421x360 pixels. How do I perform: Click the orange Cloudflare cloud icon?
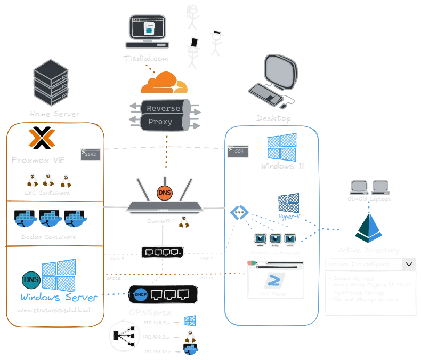(164, 84)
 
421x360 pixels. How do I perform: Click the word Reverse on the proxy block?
(163, 108)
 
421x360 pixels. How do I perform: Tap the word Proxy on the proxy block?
(160, 122)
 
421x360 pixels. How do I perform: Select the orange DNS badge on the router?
(164, 194)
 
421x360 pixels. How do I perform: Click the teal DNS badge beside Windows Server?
(31, 279)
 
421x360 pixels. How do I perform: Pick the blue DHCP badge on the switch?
(140, 294)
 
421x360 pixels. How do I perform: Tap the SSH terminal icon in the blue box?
(238, 151)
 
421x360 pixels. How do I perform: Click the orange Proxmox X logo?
(41, 138)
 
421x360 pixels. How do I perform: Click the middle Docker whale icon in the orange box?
(51, 219)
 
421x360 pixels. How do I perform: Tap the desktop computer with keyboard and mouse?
(274, 80)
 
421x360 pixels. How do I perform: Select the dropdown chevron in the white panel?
(409, 264)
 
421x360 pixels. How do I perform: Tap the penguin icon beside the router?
(185, 223)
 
